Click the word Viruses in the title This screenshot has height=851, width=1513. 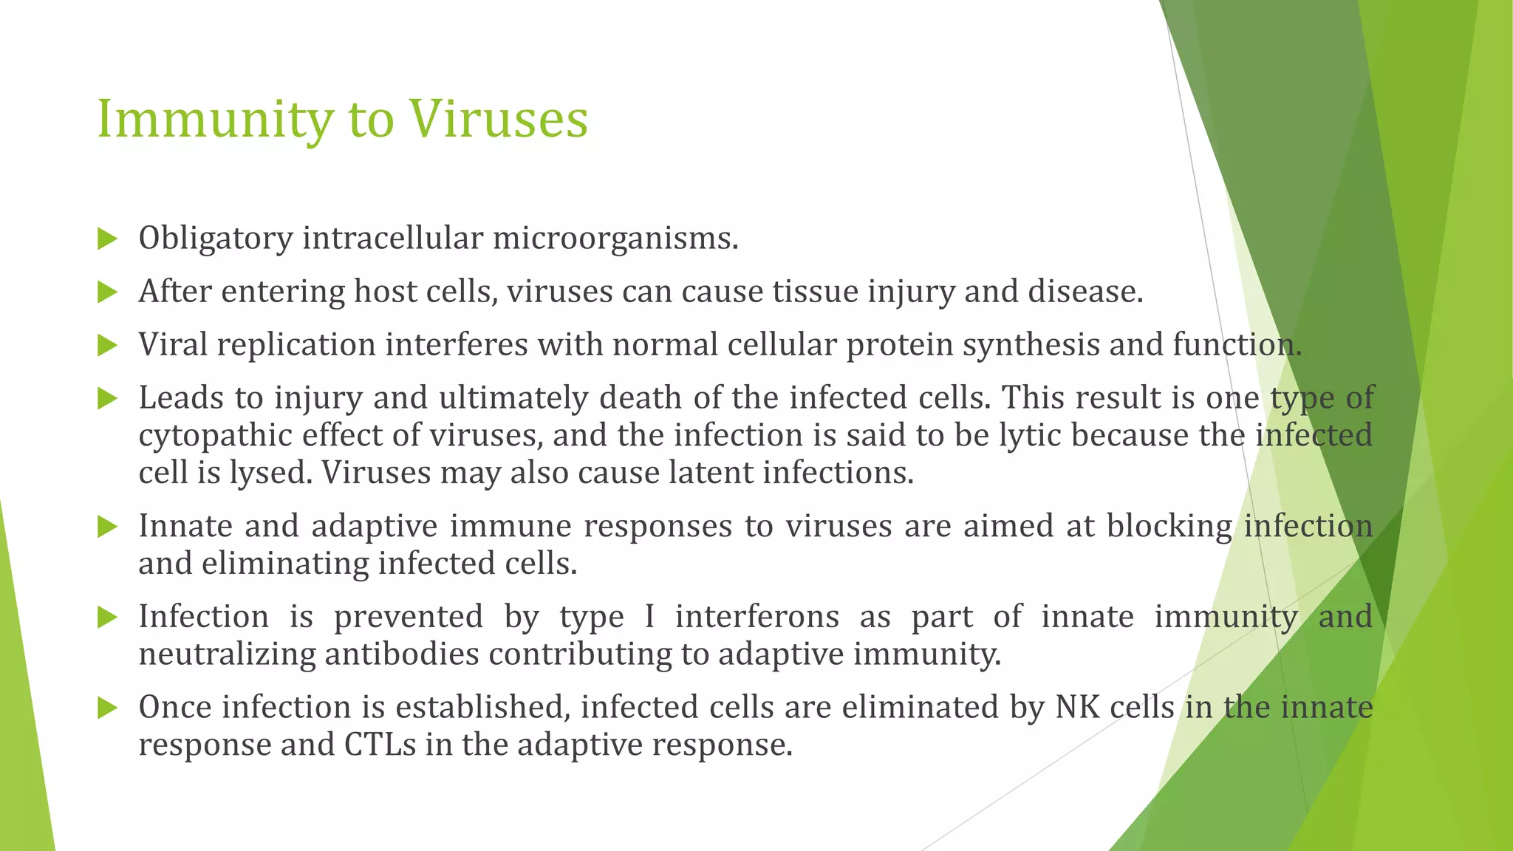coord(499,118)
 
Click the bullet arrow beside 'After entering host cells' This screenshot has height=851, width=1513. coord(107,293)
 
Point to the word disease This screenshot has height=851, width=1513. coord(1085,292)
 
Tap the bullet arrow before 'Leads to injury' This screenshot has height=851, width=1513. coord(107,399)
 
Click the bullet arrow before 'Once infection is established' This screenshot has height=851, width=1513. coord(107,708)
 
